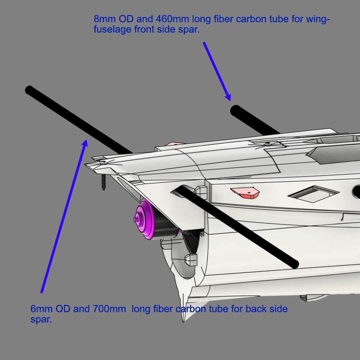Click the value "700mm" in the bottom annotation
pyautogui.click(x=109, y=309)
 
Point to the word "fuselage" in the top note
pyautogui.click(x=112, y=29)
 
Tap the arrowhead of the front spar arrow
pyautogui.click(x=228, y=97)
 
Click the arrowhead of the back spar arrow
pyautogui.click(x=85, y=143)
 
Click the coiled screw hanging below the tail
pyautogui.click(x=103, y=182)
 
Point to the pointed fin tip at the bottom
pyautogui.click(x=183, y=321)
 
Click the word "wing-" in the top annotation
pyautogui.click(x=318, y=19)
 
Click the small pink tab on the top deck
pyautogui.click(x=174, y=144)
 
